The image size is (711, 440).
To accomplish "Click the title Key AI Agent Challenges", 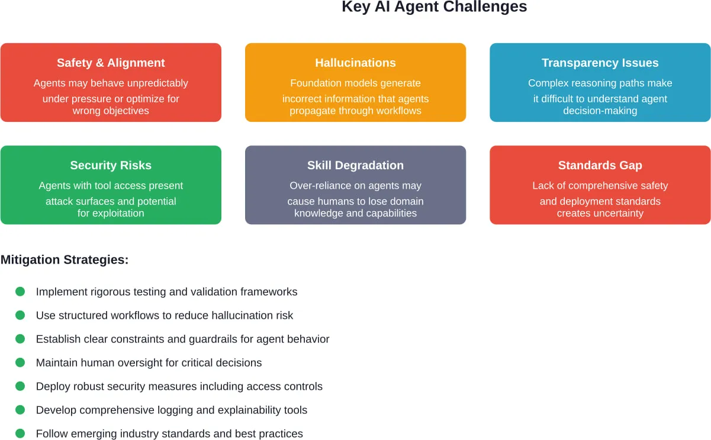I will pyautogui.click(x=434, y=7).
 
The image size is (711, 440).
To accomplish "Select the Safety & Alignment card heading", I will pyautogui.click(x=111, y=63).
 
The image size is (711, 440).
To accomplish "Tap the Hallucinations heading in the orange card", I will pyautogui.click(x=355, y=63).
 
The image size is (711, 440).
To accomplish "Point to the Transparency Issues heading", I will pyautogui.click(x=600, y=63).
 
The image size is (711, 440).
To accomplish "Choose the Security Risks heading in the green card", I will pyautogui.click(x=111, y=165).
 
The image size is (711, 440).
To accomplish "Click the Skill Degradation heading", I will pyautogui.click(x=355, y=165).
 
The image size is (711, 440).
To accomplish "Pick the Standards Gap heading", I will pyautogui.click(x=600, y=165).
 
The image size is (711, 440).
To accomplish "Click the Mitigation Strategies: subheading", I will pyautogui.click(x=65, y=260).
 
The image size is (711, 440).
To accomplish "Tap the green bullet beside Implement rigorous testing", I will pyautogui.click(x=20, y=292).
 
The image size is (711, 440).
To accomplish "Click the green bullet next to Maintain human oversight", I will pyautogui.click(x=20, y=363).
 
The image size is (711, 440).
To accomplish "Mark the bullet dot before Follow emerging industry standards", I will pyautogui.click(x=20, y=433).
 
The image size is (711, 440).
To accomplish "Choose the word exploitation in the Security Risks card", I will pyautogui.click(x=111, y=213).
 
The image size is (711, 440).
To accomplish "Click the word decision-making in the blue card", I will pyautogui.click(x=600, y=111).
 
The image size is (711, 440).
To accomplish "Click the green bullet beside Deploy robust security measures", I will pyautogui.click(x=20, y=386).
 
